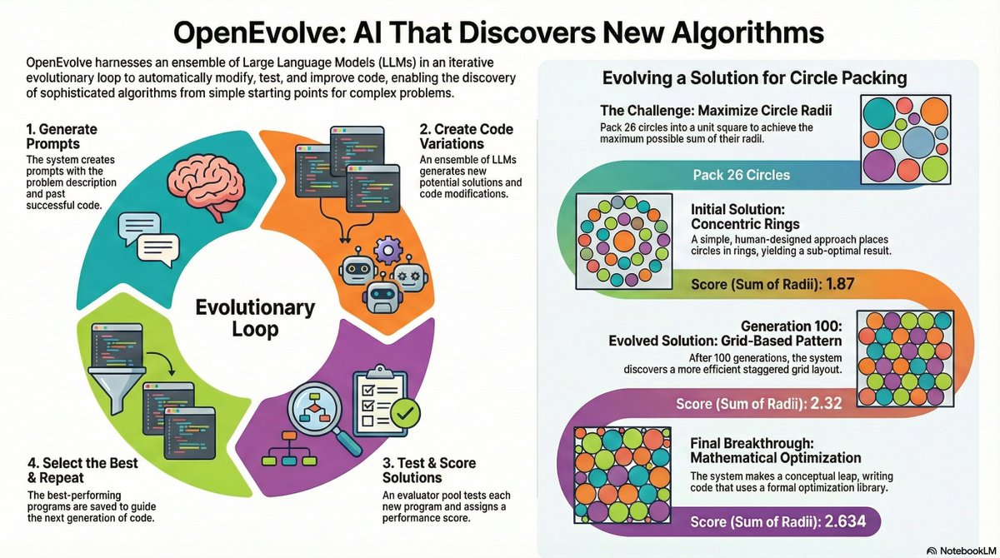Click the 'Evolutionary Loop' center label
coord(254,318)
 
